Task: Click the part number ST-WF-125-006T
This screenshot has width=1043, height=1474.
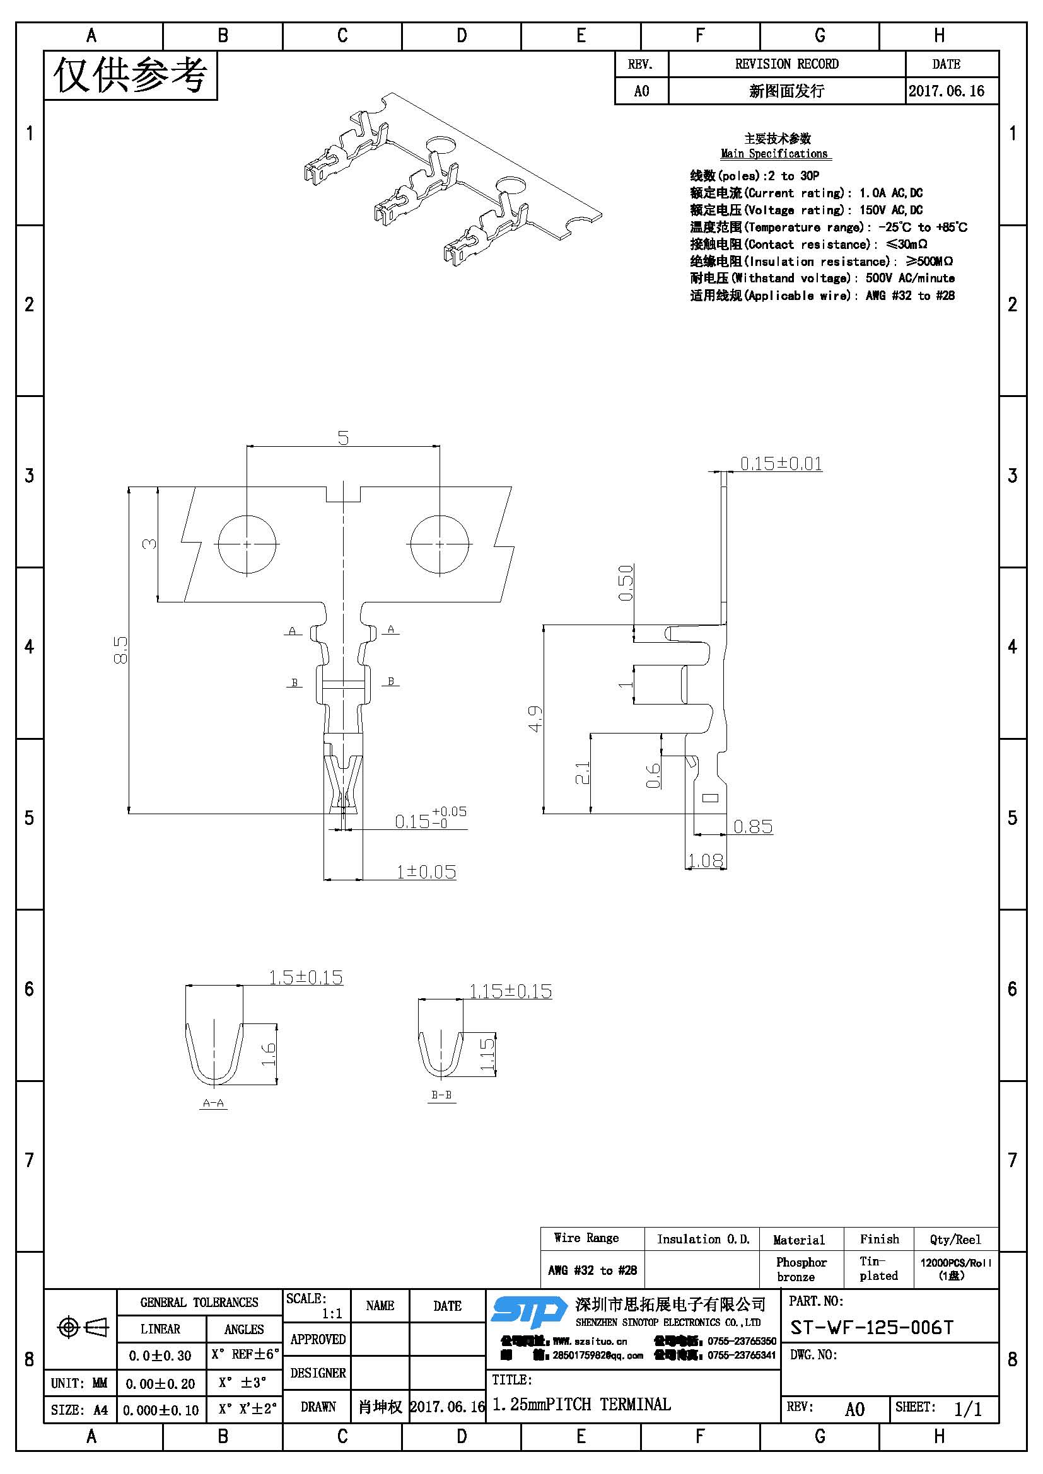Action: (x=871, y=1327)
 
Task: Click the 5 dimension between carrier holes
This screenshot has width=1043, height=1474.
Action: (x=343, y=438)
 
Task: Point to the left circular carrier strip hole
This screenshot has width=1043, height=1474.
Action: (x=247, y=544)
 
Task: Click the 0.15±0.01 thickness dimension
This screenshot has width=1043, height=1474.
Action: (x=780, y=464)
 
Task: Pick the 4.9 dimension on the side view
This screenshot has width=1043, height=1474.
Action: (x=535, y=718)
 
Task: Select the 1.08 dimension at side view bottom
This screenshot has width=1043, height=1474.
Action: (x=705, y=860)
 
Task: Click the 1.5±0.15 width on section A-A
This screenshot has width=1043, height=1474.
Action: (x=305, y=978)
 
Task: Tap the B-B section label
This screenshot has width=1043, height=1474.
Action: (x=441, y=1095)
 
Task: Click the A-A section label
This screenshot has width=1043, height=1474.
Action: (x=213, y=1103)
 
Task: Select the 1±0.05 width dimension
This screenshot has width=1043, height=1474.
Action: (x=426, y=872)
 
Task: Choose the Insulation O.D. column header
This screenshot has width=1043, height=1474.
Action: (x=702, y=1239)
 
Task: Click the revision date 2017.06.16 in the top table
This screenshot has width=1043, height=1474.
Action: (x=946, y=91)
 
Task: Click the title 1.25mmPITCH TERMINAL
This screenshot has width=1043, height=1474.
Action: (x=581, y=1404)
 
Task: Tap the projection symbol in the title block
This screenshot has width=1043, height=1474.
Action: (x=82, y=1327)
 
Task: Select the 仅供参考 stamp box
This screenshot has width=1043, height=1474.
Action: (x=131, y=75)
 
